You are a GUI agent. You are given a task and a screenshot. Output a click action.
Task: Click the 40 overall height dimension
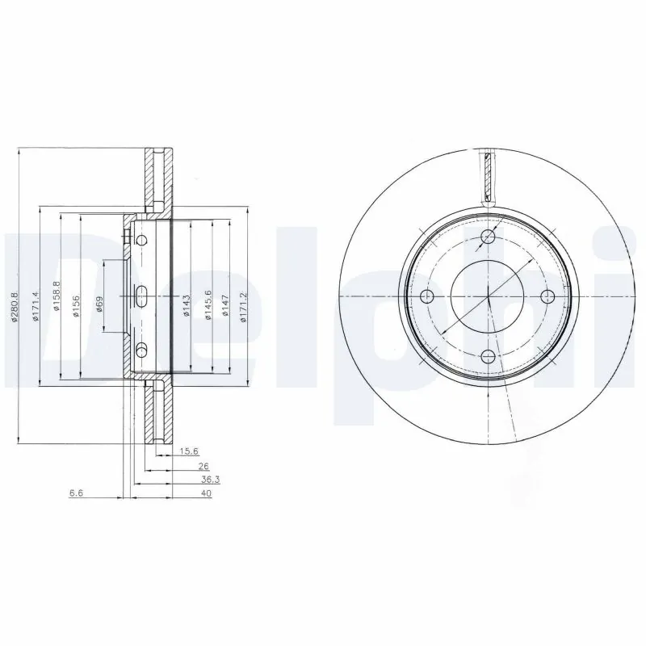(x=206, y=493)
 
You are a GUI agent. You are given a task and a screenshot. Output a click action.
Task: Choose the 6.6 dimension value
(x=77, y=493)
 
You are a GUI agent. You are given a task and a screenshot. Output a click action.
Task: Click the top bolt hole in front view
(x=489, y=236)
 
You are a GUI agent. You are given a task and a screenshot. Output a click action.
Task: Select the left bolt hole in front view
(x=430, y=296)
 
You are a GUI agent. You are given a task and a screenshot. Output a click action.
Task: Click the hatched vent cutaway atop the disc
(x=488, y=175)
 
